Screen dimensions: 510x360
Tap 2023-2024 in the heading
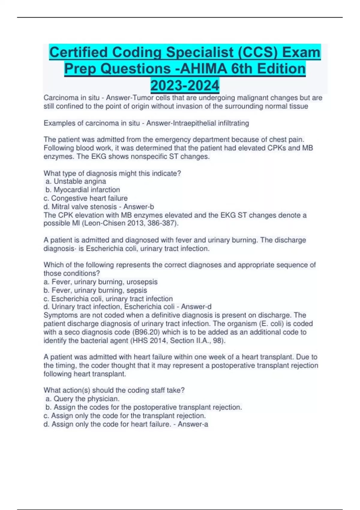coord(185,85)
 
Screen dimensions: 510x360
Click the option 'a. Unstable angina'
coord(76,181)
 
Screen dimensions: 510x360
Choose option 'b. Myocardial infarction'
coord(82,190)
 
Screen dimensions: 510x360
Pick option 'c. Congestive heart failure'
coord(85,198)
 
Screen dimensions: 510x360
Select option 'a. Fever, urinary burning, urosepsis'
coord(100,282)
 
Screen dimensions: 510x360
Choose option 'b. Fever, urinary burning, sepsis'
coord(95,290)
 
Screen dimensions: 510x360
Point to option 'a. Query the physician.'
coord(82,399)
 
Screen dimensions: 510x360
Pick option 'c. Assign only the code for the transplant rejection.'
coord(124,416)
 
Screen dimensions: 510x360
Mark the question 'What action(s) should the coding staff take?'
coord(114,390)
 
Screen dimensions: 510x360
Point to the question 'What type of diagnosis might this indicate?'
coord(112,173)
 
